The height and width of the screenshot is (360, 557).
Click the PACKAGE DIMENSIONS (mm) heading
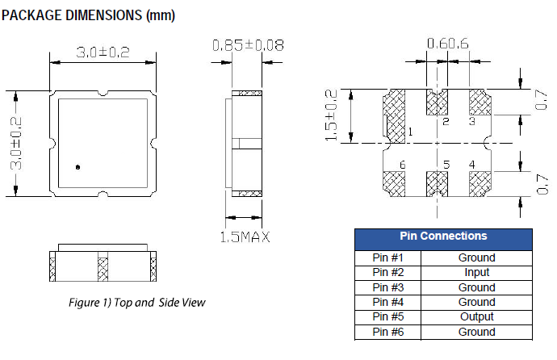89,15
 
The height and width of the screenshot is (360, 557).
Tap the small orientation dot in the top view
78,167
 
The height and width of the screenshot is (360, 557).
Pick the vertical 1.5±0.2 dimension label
330,116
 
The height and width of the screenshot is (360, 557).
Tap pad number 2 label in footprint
446,122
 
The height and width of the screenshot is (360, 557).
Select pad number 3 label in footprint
471,122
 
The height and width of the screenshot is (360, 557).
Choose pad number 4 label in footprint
471,165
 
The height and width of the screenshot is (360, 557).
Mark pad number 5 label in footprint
446,165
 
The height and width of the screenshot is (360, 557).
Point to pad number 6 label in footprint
401,165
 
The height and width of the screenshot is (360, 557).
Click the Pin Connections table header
443,237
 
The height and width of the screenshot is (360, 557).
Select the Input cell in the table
476,273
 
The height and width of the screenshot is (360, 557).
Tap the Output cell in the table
476,316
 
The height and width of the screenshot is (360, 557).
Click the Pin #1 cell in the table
387,258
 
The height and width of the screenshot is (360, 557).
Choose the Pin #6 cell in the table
387,332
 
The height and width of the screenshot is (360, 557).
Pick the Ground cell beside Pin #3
476,287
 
